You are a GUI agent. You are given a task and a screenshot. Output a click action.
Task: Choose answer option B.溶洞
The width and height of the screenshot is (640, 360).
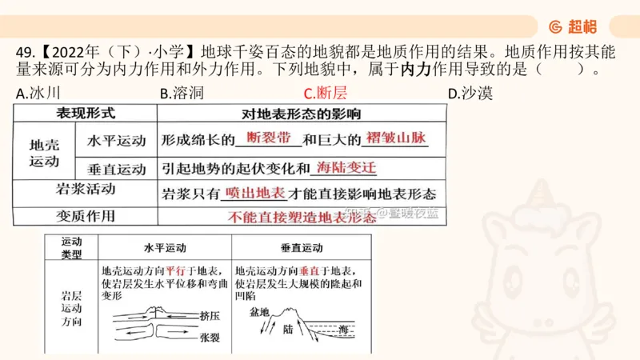182,94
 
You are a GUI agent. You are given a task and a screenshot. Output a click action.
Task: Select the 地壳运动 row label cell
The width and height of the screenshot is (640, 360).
44,153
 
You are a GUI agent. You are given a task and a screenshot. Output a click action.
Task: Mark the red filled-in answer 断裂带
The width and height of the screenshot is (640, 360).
269,138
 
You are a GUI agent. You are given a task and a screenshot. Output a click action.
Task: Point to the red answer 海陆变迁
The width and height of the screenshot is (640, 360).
346,167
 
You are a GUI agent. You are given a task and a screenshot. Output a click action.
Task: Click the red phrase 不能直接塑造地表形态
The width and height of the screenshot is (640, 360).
301,217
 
